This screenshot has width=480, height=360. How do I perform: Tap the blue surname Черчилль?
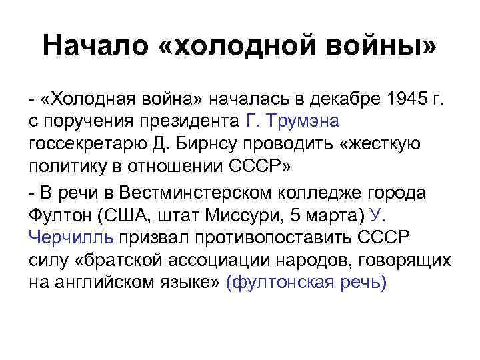click(72, 238)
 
